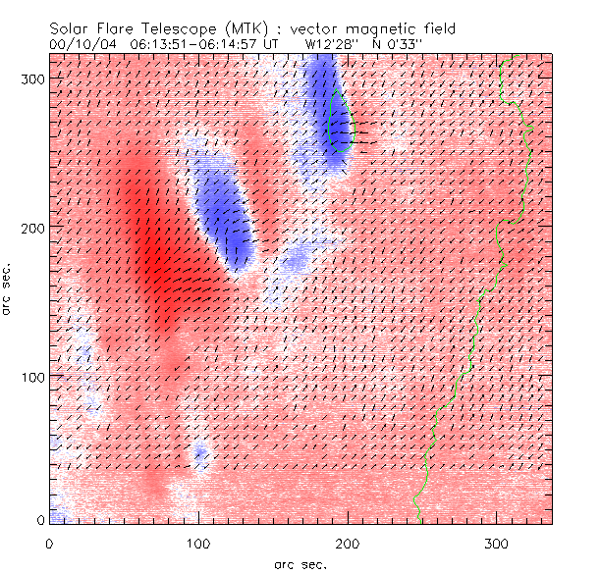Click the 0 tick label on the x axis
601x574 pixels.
click(49, 543)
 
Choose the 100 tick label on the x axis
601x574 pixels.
click(198, 543)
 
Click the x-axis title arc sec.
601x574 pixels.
click(300, 563)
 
